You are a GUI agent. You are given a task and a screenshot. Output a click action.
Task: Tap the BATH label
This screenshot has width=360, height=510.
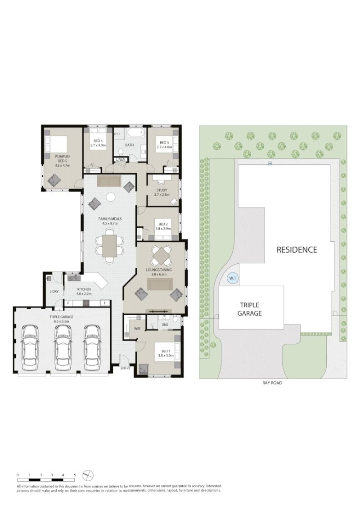130,145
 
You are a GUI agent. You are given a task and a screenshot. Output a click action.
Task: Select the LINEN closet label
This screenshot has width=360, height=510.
120,159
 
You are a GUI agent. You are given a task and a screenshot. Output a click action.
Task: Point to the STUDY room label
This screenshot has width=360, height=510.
162,190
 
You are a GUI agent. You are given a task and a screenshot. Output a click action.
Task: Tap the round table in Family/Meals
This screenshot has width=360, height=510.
111,198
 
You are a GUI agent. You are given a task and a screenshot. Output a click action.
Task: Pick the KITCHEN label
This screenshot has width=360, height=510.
84,289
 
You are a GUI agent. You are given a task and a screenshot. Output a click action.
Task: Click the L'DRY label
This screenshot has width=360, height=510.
54,291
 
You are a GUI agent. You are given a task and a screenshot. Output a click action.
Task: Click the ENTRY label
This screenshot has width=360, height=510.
126,368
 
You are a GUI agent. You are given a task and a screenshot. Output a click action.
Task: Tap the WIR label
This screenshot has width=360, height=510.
137,329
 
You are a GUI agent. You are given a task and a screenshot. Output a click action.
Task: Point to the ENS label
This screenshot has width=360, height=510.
165,324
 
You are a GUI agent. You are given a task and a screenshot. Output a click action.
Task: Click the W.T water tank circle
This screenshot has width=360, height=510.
233,279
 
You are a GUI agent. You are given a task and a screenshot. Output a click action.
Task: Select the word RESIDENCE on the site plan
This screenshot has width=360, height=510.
297,250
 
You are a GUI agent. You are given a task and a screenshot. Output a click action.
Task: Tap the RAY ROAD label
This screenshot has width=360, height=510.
272,383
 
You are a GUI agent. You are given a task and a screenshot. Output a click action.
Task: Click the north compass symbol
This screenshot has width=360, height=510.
88,475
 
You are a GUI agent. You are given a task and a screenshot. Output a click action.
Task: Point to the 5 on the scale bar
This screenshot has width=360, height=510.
75,475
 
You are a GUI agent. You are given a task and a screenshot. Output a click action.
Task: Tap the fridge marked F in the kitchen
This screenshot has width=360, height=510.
105,303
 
